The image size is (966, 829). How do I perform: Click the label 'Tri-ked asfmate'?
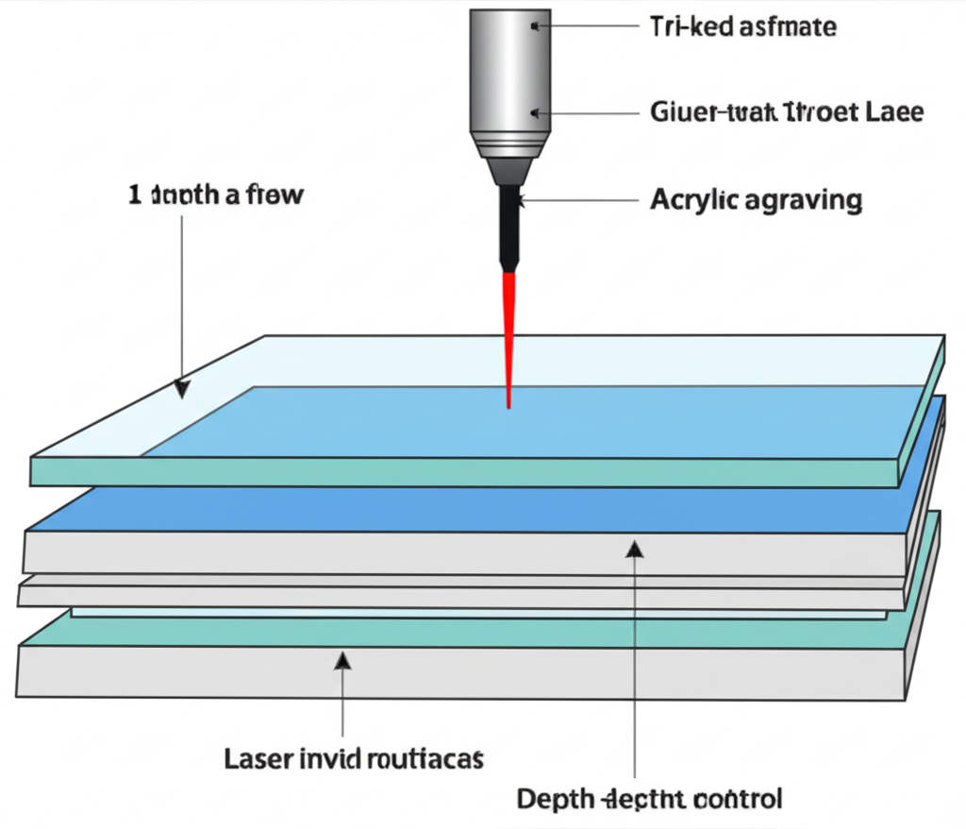coord(742,26)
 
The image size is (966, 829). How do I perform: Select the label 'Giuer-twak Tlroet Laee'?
coord(787,112)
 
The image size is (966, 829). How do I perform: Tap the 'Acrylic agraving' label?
coord(756,200)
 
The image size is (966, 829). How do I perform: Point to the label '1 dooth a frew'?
coord(216,196)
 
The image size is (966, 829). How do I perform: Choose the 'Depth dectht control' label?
coord(649,799)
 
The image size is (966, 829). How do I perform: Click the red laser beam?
coord(509,330)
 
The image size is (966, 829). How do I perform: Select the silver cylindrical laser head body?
coord(509,66)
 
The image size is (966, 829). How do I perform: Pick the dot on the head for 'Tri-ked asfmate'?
coord(535,26)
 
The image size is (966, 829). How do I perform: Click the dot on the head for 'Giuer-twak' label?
coord(535,112)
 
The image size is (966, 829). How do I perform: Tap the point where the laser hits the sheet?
coord(509,406)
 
